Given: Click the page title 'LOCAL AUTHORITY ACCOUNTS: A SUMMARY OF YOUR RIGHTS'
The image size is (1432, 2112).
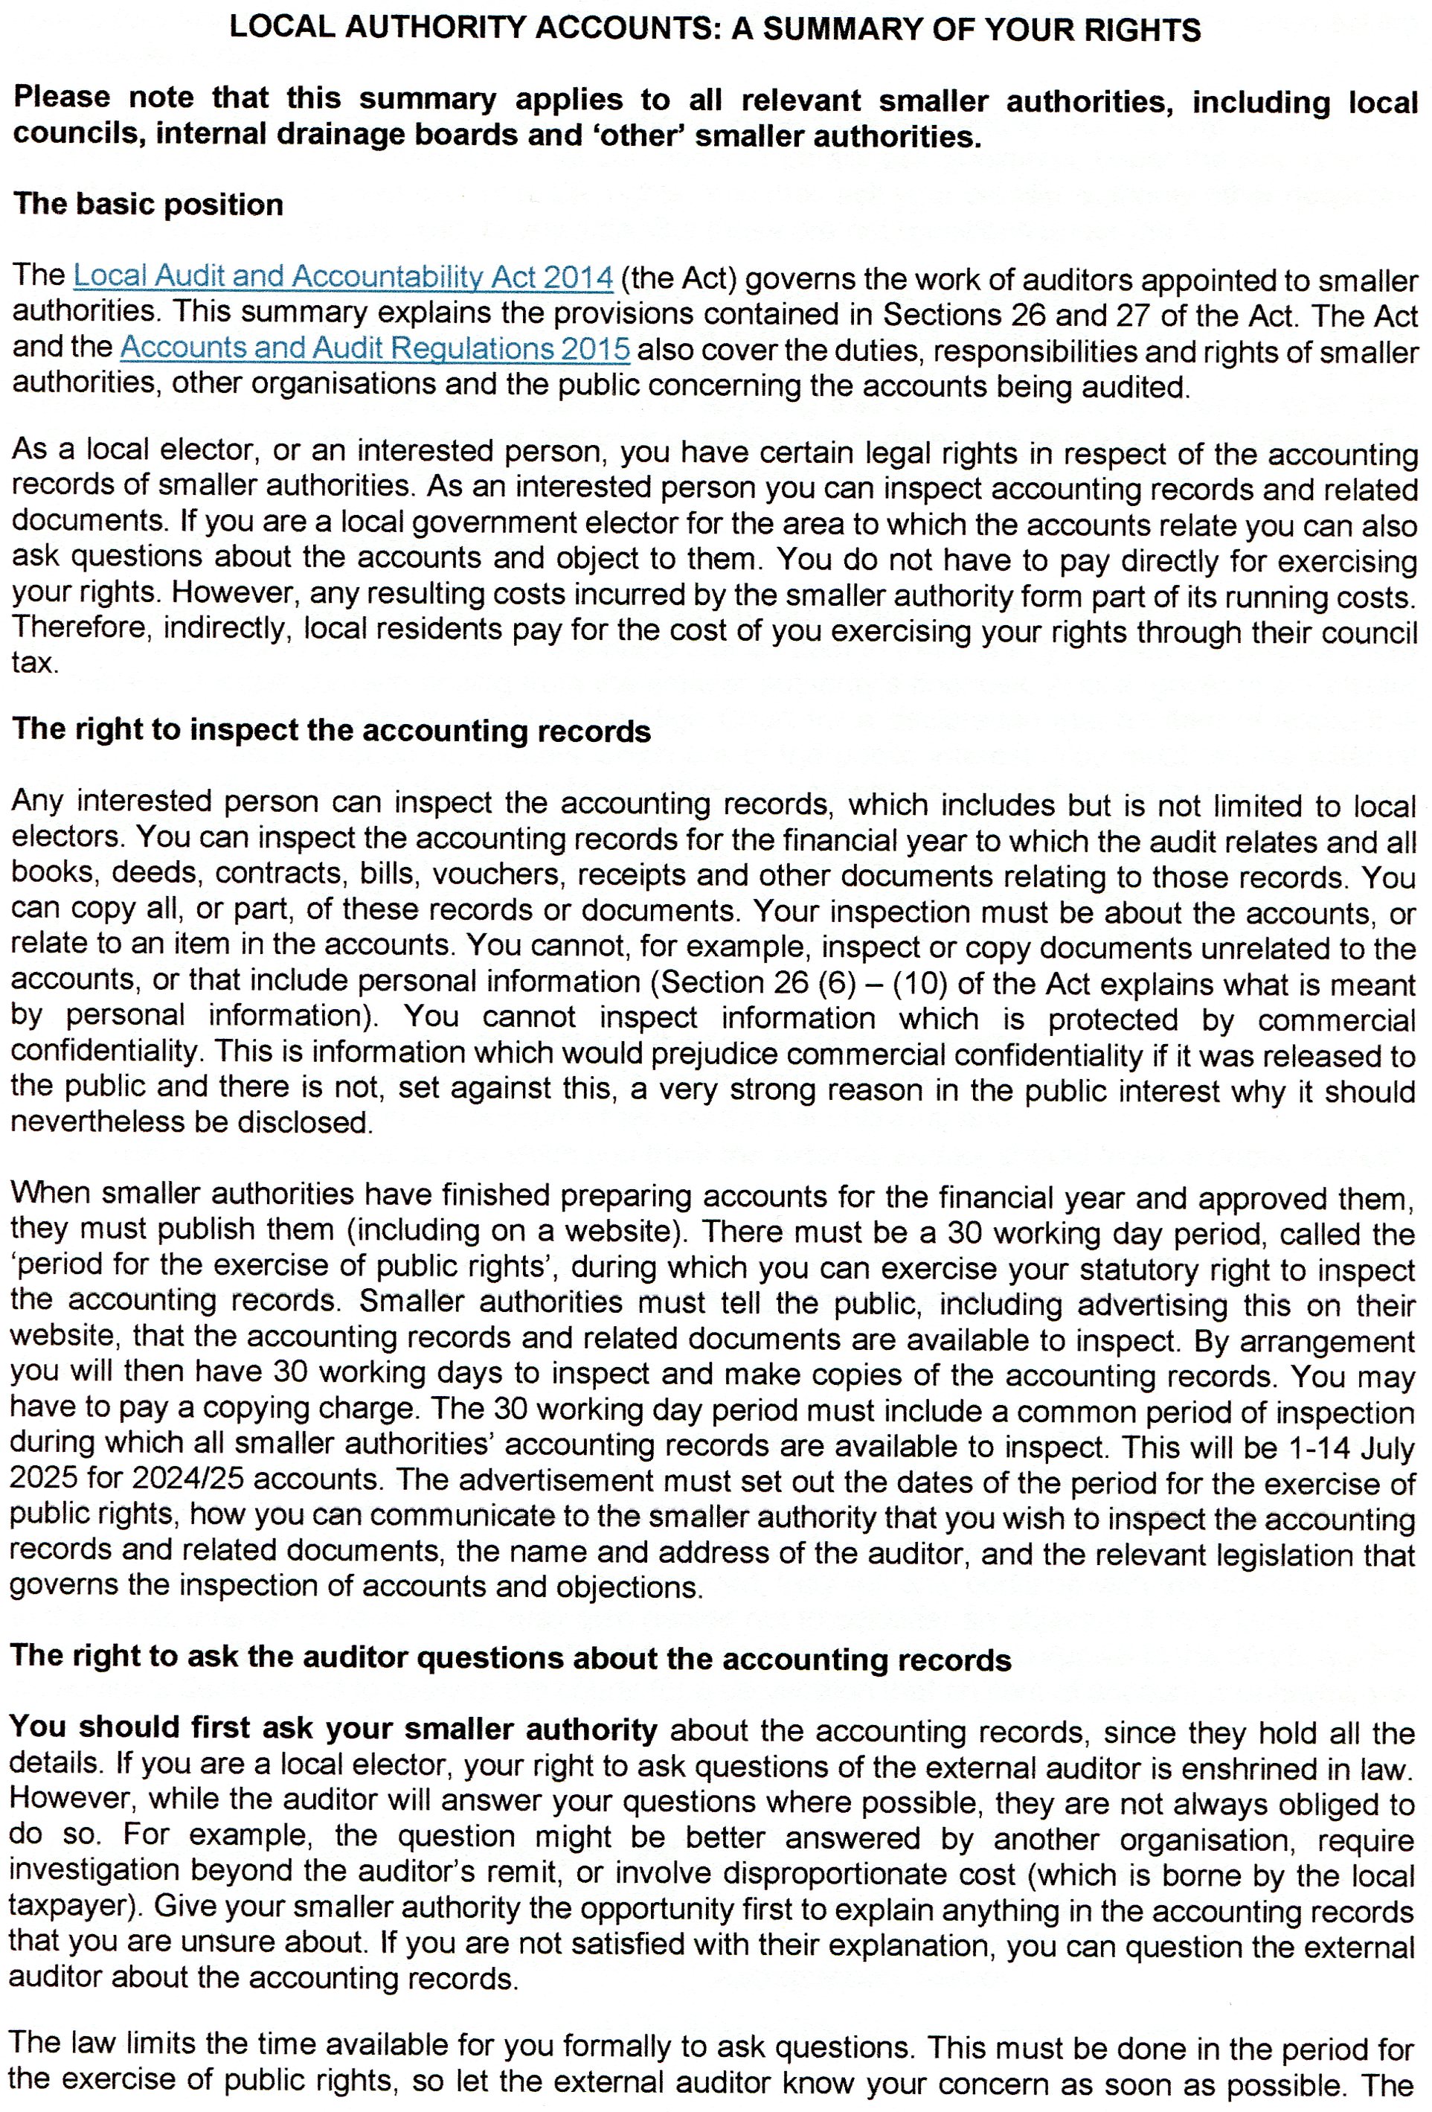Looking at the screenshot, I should click(x=715, y=29).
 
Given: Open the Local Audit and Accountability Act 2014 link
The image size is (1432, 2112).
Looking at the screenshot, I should click(x=342, y=275).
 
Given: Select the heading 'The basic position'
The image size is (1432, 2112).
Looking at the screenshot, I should click(x=148, y=204).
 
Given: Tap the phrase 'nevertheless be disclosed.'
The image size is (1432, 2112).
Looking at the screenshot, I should click(x=192, y=1122).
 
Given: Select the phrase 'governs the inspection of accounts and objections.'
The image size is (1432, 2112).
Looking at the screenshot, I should click(x=356, y=1587).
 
